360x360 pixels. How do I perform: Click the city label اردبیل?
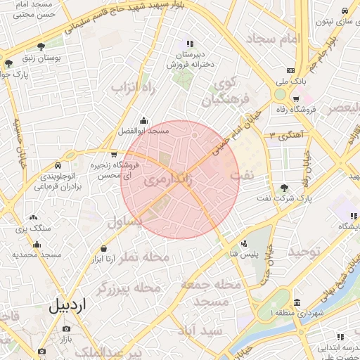[x=68, y=306]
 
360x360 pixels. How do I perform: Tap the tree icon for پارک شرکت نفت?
[x=283, y=188]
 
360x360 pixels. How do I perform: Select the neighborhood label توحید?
[x=304, y=252]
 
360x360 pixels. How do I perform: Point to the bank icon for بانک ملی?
[x=291, y=70]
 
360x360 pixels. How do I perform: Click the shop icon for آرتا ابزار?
[x=104, y=248]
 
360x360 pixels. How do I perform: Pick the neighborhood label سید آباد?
[x=201, y=330]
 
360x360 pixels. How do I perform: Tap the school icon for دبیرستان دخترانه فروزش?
[x=189, y=44]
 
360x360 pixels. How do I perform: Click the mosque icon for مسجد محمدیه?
[x=37, y=244]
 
